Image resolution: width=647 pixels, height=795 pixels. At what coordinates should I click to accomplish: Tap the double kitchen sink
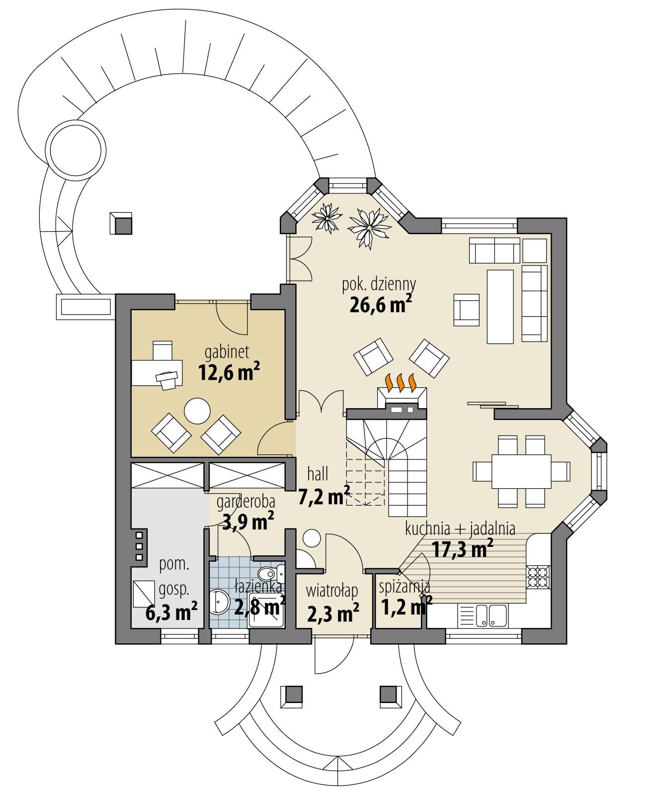[491, 615]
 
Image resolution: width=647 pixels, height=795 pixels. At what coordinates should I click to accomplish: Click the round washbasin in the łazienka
[219, 603]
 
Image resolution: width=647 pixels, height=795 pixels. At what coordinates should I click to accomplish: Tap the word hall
[318, 474]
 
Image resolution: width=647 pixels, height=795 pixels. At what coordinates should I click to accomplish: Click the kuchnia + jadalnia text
[460, 529]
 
